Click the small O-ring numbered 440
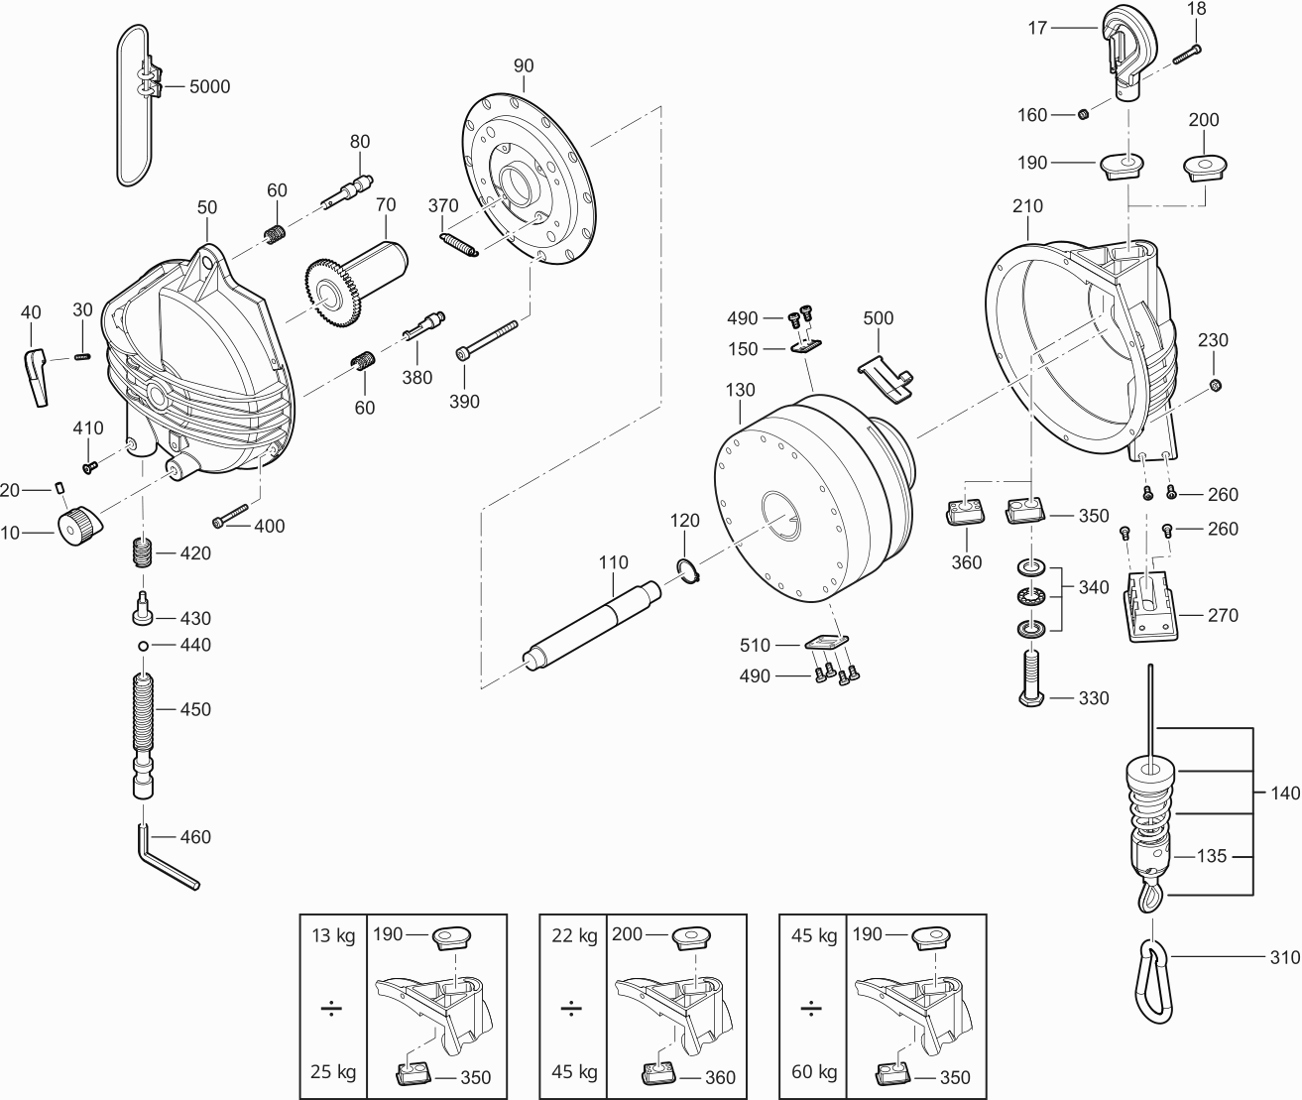tap(144, 646)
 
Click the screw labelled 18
tap(1186, 53)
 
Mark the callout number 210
tap(1027, 206)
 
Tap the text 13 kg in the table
tap(332, 935)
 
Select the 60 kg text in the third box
tap(813, 1072)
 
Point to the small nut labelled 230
tap(1216, 385)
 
